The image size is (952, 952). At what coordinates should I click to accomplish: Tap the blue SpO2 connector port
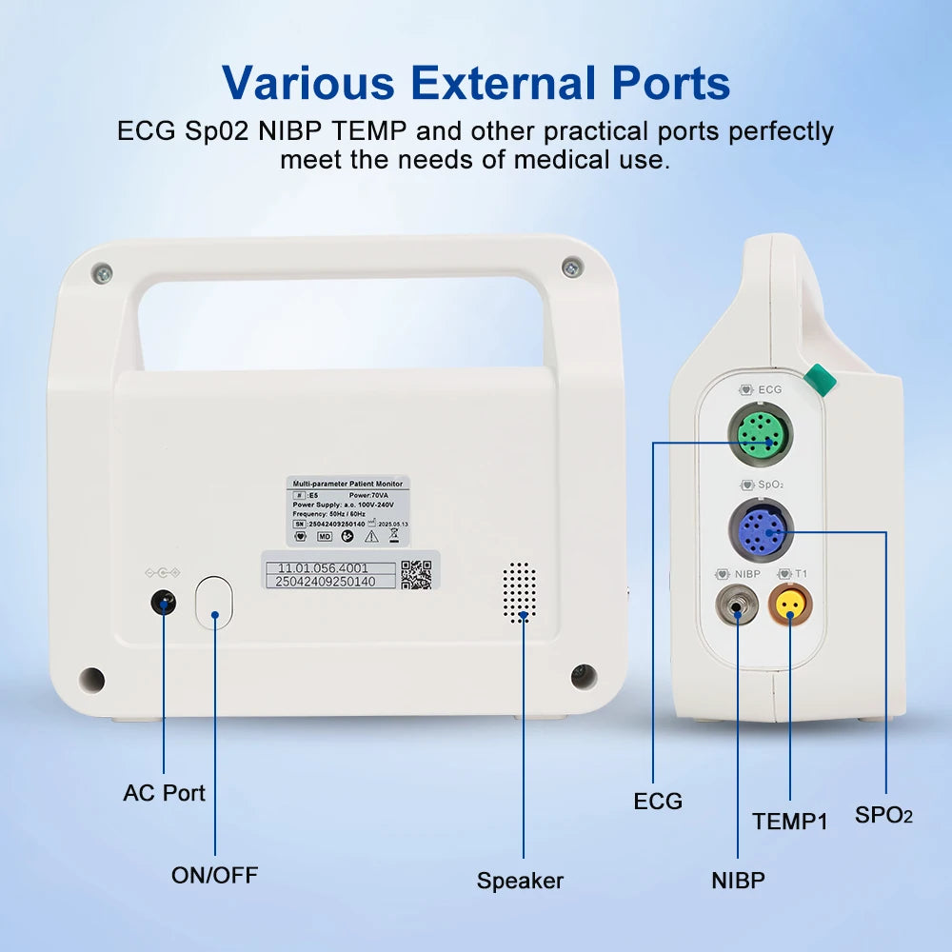pos(761,529)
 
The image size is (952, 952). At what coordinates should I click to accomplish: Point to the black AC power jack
pos(164,603)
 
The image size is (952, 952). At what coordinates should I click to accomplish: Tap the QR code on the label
pos(416,574)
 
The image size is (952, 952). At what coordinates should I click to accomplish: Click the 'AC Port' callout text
pos(164,793)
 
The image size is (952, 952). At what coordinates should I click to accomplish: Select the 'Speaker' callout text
pos(520,881)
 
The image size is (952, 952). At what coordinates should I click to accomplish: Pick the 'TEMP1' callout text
pos(790,821)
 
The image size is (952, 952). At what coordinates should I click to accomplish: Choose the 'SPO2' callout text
pos(883,815)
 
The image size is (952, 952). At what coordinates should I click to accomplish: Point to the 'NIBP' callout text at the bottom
pos(738,881)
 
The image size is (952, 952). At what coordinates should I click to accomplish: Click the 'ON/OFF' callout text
pos(214,875)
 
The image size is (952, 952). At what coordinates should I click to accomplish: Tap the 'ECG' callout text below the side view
pos(658,802)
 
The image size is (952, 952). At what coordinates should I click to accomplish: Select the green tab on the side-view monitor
pos(819,380)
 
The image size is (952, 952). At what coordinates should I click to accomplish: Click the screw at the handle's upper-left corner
pos(102,274)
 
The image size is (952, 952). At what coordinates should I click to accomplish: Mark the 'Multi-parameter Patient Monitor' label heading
pos(347,484)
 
